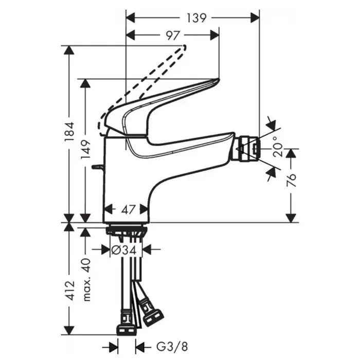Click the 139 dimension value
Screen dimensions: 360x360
pyautogui.click(x=196, y=18)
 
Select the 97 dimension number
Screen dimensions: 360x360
pyautogui.click(x=173, y=35)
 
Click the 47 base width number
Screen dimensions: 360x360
pyautogui.click(x=127, y=210)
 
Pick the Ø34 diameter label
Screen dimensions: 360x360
pyautogui.click(x=123, y=250)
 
